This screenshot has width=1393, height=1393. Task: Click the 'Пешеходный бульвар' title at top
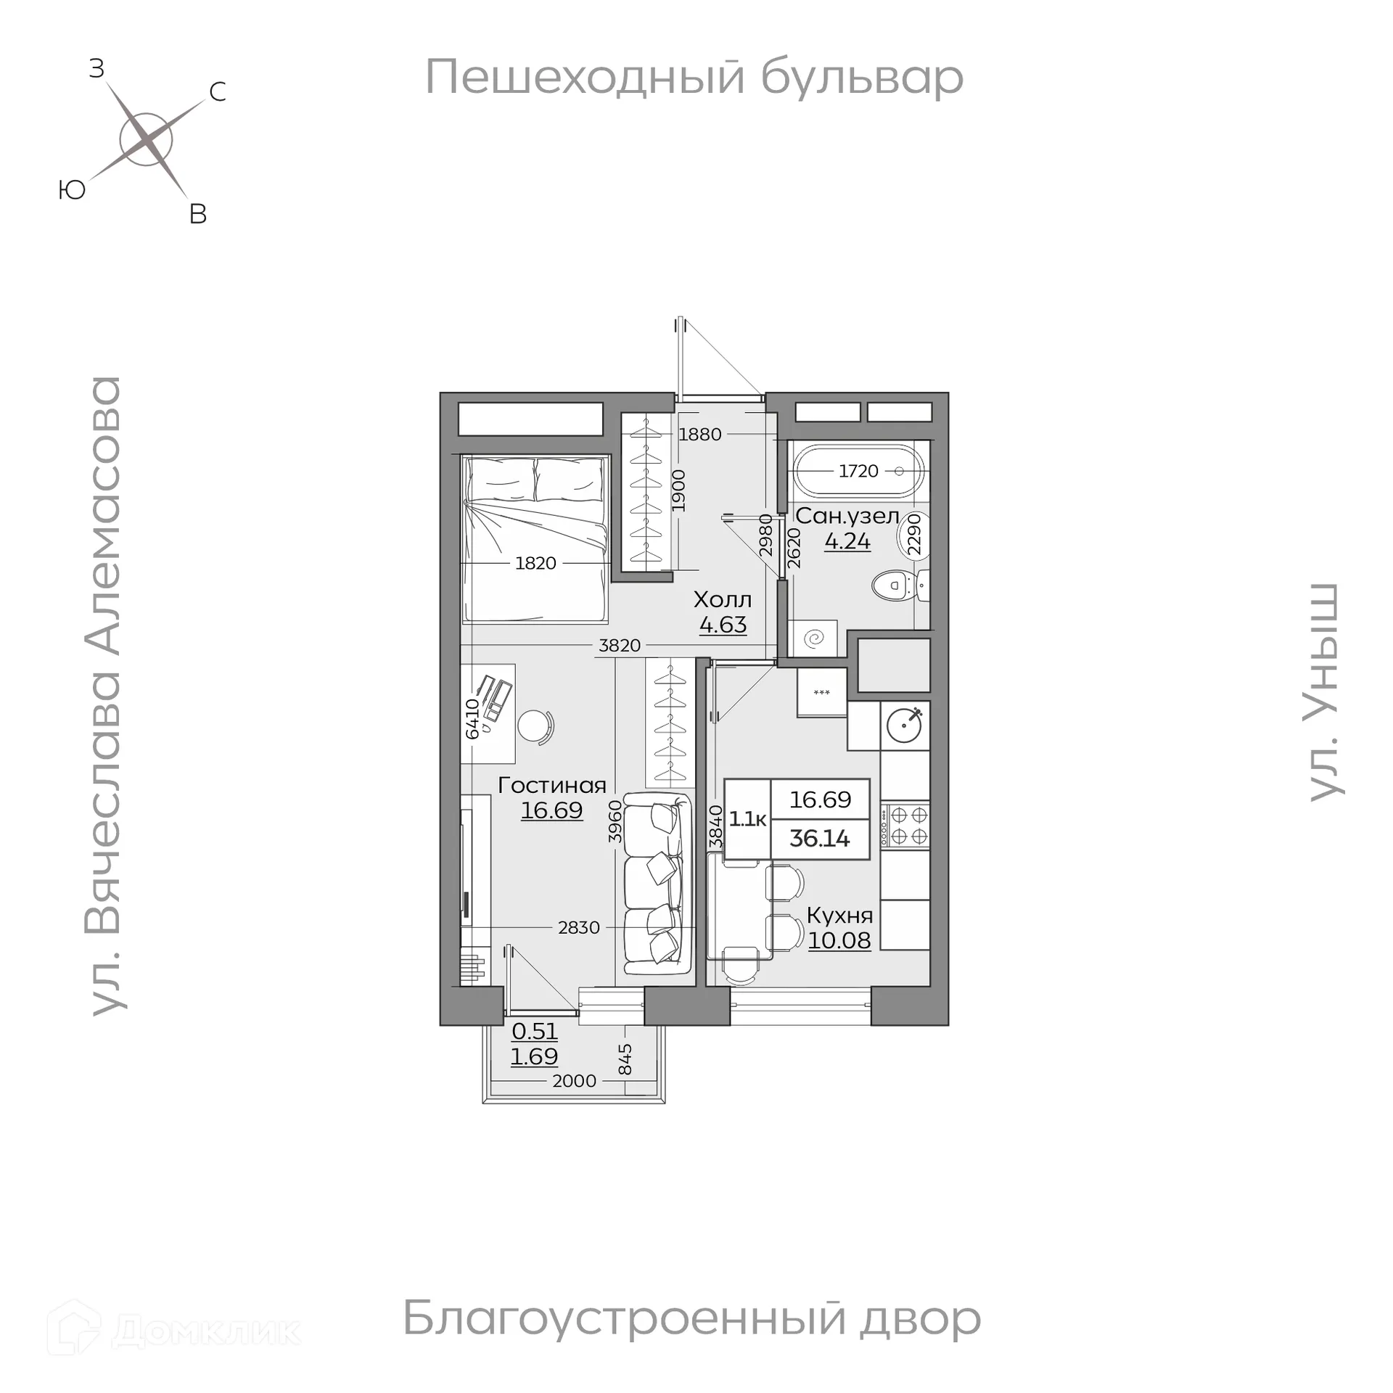pyautogui.click(x=694, y=78)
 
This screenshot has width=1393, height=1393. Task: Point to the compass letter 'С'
pyautogui.click(x=218, y=92)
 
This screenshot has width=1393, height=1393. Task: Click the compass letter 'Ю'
pyautogui.click(x=72, y=190)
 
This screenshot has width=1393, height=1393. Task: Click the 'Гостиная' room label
pyautogui.click(x=551, y=785)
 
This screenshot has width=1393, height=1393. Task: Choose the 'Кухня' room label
pyautogui.click(x=839, y=915)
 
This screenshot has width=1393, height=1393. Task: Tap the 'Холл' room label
pyautogui.click(x=723, y=599)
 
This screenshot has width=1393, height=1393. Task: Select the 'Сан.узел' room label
pyautogui.click(x=847, y=516)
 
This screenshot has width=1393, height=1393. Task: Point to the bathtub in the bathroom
pyautogui.click(x=859, y=471)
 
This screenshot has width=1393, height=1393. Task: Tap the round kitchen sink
pyautogui.click(x=905, y=724)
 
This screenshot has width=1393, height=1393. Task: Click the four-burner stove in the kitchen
pyautogui.click(x=905, y=825)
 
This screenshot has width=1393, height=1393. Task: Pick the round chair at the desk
pyautogui.click(x=535, y=724)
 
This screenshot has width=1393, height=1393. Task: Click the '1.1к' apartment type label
pyautogui.click(x=747, y=819)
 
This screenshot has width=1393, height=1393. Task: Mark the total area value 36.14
pyautogui.click(x=820, y=839)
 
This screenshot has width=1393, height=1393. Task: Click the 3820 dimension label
pyautogui.click(x=620, y=645)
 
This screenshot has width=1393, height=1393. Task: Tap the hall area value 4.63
pyautogui.click(x=723, y=625)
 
